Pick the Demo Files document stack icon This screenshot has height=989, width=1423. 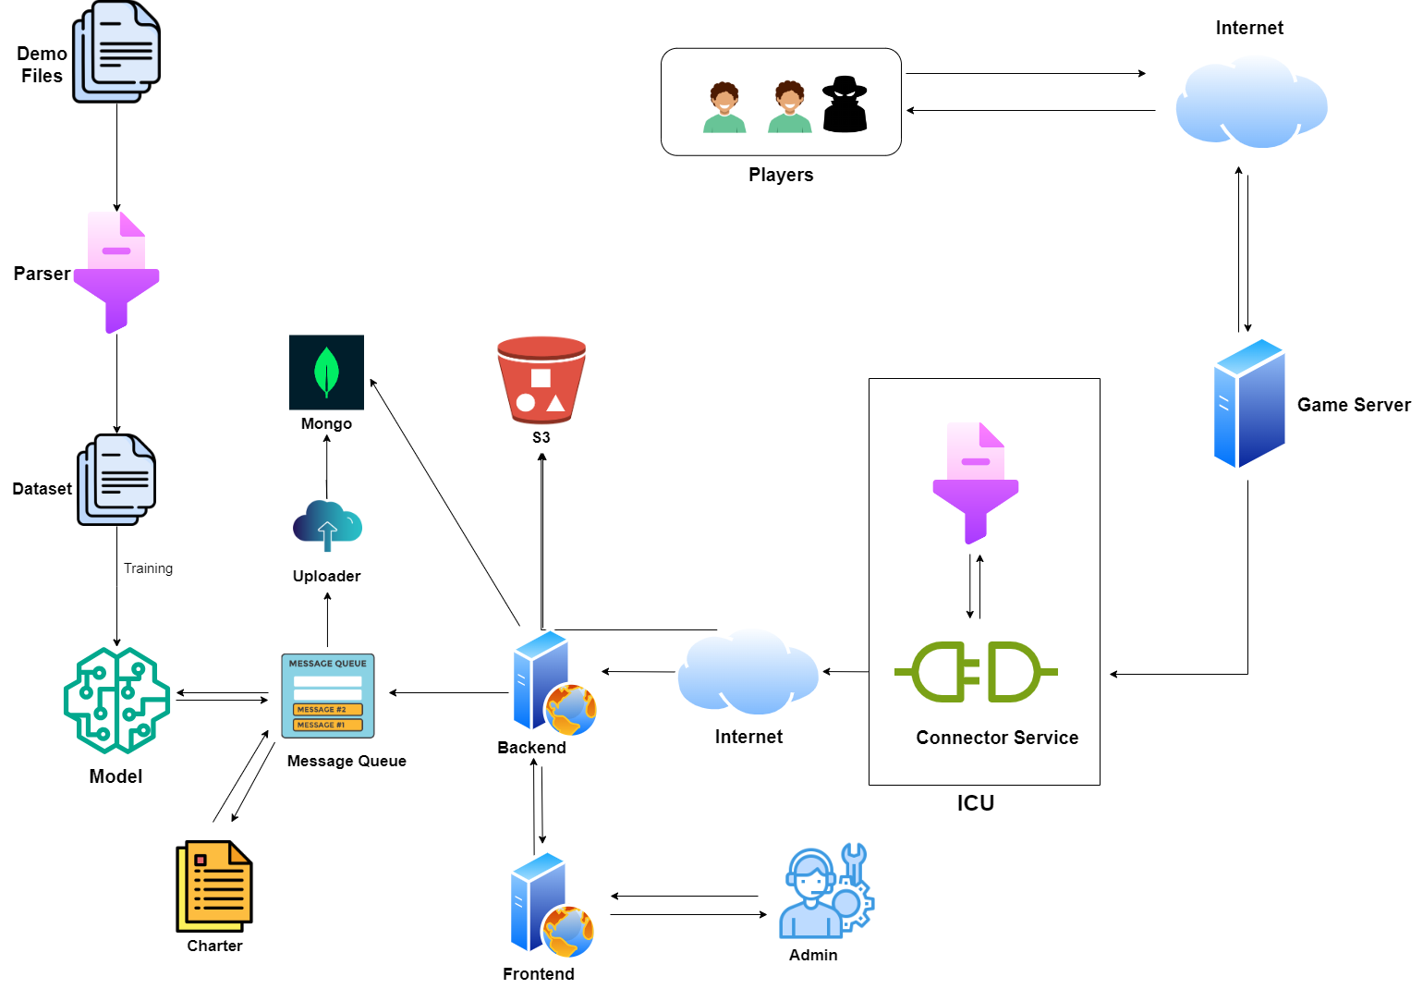click(x=116, y=52)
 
